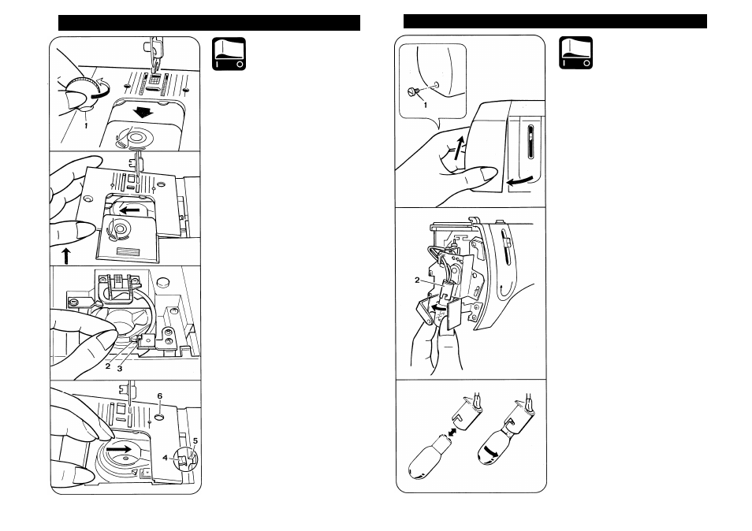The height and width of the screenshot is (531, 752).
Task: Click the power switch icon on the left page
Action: pyautogui.click(x=229, y=54)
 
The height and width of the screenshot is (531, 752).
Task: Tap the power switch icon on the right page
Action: pyautogui.click(x=575, y=54)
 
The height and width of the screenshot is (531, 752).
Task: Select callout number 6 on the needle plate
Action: pyautogui.click(x=158, y=395)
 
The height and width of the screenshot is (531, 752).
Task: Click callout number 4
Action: pyautogui.click(x=166, y=456)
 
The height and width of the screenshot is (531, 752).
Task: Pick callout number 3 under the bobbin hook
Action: pyautogui.click(x=121, y=367)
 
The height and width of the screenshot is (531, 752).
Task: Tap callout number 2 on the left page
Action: pyautogui.click(x=107, y=366)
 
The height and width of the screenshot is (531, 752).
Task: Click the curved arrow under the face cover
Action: pyautogui.click(x=518, y=181)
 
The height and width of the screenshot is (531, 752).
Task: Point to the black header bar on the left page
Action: pyautogui.click(x=209, y=22)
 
